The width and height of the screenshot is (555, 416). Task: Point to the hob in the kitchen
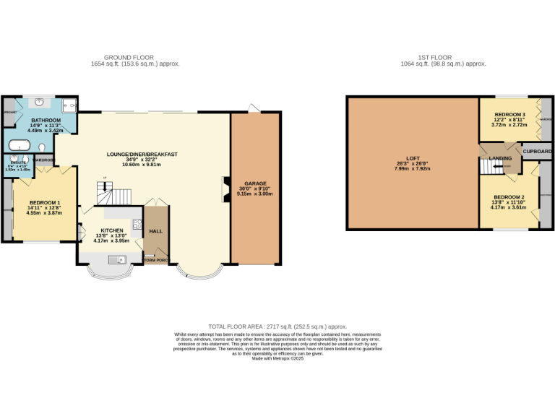[135, 223]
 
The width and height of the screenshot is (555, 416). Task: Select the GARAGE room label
[254, 183]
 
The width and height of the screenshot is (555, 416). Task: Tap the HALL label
[155, 231]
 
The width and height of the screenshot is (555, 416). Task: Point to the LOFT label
[413, 159]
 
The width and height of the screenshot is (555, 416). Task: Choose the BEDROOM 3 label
[509, 115]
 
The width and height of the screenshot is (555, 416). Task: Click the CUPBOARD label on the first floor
[537, 152]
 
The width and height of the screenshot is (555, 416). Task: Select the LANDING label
[500, 158]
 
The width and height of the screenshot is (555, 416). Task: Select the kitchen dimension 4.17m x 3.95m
[111, 240]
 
